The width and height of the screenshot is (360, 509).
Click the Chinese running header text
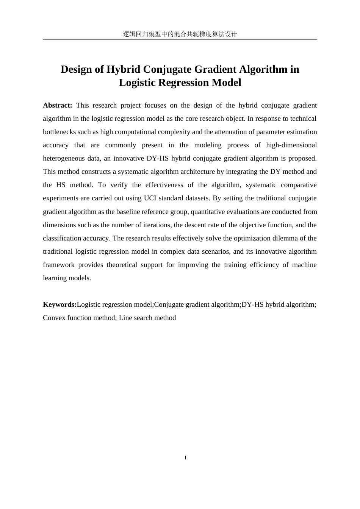tap(180, 34)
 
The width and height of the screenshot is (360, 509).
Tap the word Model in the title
tap(226, 83)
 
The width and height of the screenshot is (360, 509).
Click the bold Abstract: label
tap(57, 105)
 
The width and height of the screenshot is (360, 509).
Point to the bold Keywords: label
tap(59, 304)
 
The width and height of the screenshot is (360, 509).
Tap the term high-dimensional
tap(291, 145)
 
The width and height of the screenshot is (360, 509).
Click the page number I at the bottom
tap(185, 458)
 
